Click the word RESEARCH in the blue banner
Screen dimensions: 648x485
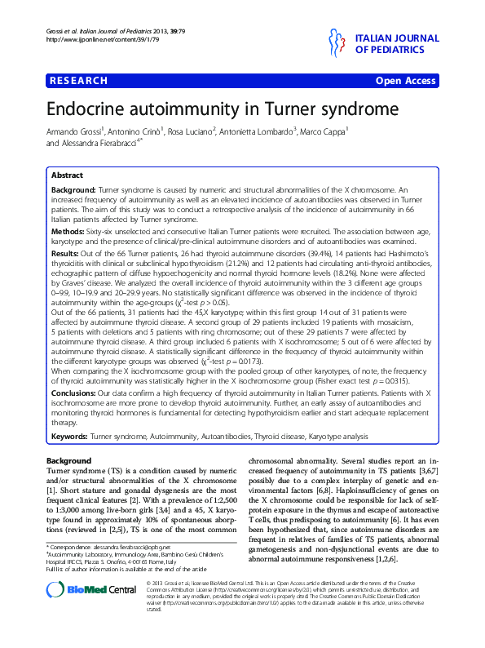(78, 81)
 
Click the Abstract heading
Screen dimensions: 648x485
(67, 175)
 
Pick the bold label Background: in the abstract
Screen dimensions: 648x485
(73, 188)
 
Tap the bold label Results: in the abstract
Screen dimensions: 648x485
(66, 254)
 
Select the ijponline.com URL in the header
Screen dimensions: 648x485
(80, 39)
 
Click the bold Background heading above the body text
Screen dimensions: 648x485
(68, 461)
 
